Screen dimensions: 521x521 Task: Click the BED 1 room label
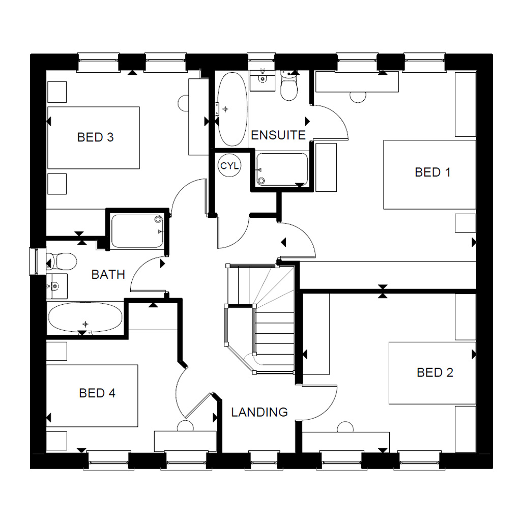pos(432,172)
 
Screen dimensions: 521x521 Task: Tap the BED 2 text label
pos(435,372)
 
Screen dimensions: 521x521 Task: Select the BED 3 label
pos(95,137)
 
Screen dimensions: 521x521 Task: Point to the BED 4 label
pos(97,393)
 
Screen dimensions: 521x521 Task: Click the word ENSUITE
pos(278,135)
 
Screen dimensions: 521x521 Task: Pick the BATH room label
pos(108,275)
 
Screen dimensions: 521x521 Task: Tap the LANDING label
pos(259,412)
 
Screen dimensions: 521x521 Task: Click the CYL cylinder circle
pos(229,166)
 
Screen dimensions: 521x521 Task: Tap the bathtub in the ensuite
pos(231,109)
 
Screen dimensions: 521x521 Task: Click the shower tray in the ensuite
pos(282,170)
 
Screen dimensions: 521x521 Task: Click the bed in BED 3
pos(93,138)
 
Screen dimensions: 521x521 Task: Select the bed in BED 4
pos(92,395)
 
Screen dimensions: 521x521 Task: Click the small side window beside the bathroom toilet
pos(35,261)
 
